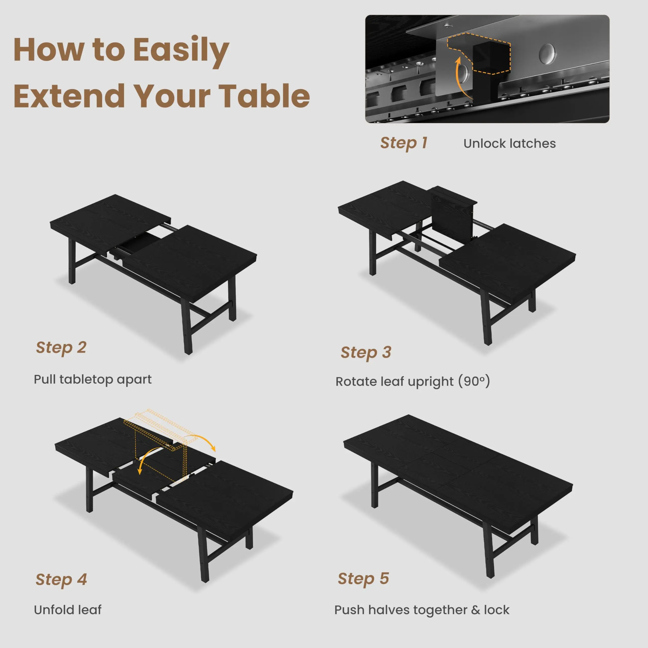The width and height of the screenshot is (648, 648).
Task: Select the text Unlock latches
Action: click(510, 144)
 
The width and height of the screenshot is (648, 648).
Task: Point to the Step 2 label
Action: click(61, 348)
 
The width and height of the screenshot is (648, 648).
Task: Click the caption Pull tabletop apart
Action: click(93, 380)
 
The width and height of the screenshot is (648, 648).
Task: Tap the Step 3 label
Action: click(366, 353)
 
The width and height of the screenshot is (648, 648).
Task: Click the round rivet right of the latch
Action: click(547, 54)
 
